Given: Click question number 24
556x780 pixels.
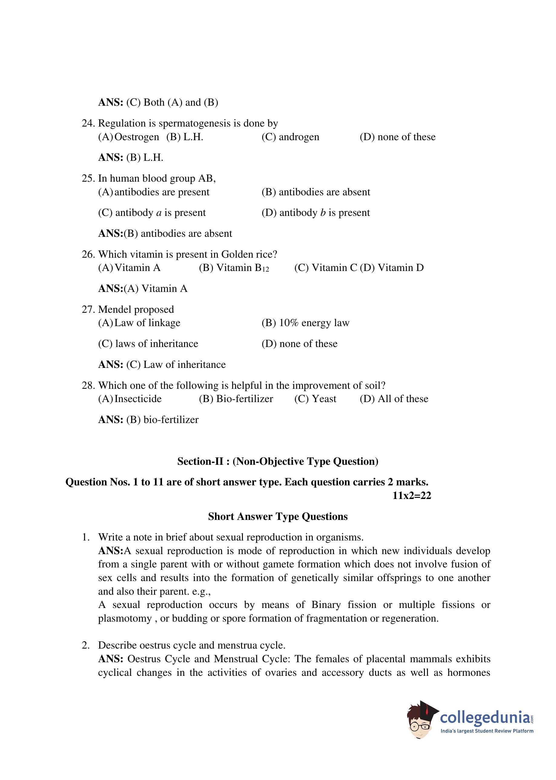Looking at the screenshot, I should coord(88,123).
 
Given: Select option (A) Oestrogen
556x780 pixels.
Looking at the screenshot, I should coord(129,137).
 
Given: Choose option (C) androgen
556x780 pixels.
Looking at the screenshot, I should coord(290,137).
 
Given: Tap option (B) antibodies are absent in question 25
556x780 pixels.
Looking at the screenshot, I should coord(316,192).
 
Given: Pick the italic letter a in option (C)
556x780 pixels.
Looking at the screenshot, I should coord(158,213).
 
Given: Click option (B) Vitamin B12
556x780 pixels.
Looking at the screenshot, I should coord(234,268).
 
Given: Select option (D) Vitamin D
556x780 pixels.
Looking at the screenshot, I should coord(392,268).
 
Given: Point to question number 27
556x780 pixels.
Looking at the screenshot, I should coord(88,309).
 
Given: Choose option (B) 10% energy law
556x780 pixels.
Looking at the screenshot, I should coord(305,323).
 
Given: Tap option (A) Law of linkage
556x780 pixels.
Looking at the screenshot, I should coord(139,323).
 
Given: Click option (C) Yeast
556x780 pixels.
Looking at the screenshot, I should coord(315,399).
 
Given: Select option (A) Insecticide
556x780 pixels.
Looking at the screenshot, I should coord(130,399).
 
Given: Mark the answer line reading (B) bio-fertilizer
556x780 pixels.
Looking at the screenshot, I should coord(148,420).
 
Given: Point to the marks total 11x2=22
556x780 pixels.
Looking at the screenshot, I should coord(412,495).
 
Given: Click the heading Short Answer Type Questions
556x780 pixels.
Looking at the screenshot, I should coord(278,517).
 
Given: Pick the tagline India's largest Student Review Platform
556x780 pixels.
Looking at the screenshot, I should coord(486,731).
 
